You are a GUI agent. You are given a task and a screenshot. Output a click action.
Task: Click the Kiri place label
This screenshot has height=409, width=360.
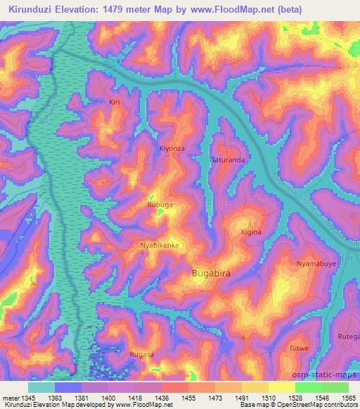(x=115, y=103)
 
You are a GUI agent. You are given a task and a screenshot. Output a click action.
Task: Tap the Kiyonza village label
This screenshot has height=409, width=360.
(x=172, y=149)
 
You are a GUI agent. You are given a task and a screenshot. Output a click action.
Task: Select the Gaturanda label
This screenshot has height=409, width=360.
(x=227, y=160)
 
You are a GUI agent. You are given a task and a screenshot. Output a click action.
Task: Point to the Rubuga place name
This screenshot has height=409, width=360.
(x=160, y=205)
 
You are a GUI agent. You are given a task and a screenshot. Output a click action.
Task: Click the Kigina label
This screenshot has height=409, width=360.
(x=251, y=232)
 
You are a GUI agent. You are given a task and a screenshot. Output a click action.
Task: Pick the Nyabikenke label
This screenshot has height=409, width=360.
(x=160, y=245)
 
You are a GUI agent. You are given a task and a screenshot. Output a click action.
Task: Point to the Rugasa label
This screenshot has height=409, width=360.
(x=141, y=355)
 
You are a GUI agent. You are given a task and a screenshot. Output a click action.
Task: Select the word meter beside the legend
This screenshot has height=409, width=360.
(x=9, y=397)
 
